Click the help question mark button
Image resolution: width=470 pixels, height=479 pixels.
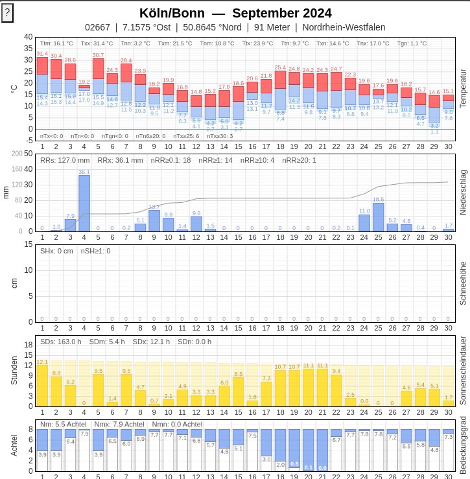(x=7, y=12)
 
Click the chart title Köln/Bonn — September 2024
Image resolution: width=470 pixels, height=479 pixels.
(x=235, y=13)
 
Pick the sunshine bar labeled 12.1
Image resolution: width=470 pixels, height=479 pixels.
(x=42, y=385)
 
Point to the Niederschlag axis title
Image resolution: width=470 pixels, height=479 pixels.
(x=462, y=193)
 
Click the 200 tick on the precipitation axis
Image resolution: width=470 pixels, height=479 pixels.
(x=28, y=154)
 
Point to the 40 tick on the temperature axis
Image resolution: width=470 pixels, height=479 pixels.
(x=28, y=37)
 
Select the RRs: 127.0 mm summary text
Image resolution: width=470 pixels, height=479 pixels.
(x=65, y=160)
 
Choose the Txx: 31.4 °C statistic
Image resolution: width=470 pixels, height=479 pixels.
(x=97, y=43)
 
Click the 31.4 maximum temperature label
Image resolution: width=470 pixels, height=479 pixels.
(x=42, y=53)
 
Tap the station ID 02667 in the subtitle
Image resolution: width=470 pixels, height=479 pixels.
(x=97, y=27)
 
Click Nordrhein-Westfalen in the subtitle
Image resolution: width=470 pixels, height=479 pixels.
(x=344, y=27)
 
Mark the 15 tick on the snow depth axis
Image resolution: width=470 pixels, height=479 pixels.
(x=29, y=244)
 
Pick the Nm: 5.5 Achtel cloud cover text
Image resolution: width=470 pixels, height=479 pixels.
(x=62, y=425)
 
